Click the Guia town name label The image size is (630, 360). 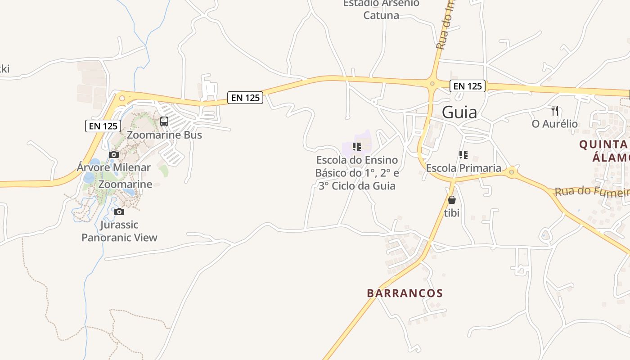(x=459, y=112)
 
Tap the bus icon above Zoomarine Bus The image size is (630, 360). (x=164, y=121)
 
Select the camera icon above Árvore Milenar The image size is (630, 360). (x=114, y=155)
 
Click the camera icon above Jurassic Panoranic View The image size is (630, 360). (x=119, y=211)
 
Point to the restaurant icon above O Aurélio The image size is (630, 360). (x=555, y=111)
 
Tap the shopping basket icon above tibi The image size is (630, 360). (x=452, y=200)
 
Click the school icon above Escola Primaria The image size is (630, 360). (x=463, y=155)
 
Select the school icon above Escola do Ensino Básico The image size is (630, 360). (x=357, y=147)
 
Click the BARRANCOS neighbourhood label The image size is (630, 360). (x=405, y=293)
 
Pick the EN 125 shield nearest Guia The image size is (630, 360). (x=468, y=86)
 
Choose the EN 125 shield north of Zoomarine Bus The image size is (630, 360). (x=245, y=97)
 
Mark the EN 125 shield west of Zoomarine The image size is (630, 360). (x=103, y=126)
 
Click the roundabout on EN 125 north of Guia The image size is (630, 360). (x=432, y=83)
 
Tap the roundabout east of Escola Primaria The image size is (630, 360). (x=511, y=171)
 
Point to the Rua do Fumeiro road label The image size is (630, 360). (x=592, y=191)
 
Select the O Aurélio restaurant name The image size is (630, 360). (x=554, y=124)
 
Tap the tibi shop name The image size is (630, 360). (x=452, y=213)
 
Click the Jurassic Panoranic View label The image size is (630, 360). (x=119, y=231)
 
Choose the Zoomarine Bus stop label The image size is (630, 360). (x=164, y=135)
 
